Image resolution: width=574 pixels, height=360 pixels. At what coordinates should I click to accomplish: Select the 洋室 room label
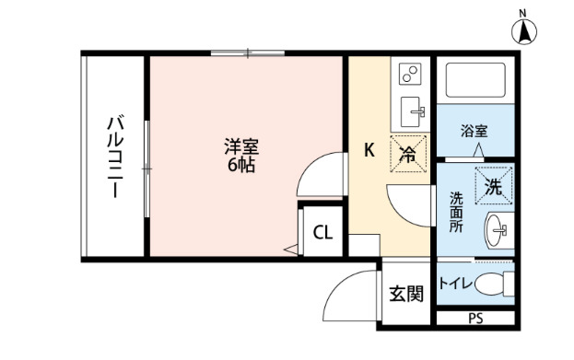point(241,146)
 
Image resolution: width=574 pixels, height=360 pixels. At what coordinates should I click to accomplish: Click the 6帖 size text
point(241,166)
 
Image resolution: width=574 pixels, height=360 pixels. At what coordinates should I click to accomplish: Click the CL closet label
point(322,232)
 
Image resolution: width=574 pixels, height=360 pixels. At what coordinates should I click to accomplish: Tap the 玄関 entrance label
point(405,295)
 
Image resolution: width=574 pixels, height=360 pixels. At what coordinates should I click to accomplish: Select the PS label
point(475,319)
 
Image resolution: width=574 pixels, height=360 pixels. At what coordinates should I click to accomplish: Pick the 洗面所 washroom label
point(456,212)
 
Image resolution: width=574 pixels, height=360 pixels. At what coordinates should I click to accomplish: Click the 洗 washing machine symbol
point(494,185)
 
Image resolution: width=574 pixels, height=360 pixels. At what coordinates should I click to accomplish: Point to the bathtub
point(476,82)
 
